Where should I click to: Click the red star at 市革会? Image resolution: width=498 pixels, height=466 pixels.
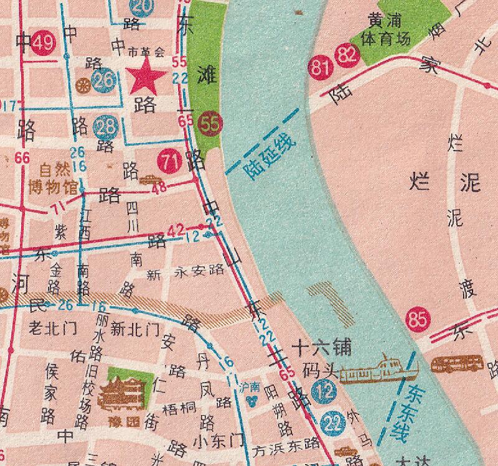click(x=147, y=77)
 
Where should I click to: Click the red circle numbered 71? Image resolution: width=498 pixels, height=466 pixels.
click(x=169, y=162)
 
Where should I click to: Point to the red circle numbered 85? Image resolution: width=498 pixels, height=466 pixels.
click(x=417, y=320)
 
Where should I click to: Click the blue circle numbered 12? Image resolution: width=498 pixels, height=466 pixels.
click(x=324, y=392)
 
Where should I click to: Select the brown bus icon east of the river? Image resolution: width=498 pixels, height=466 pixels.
click(x=458, y=364)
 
